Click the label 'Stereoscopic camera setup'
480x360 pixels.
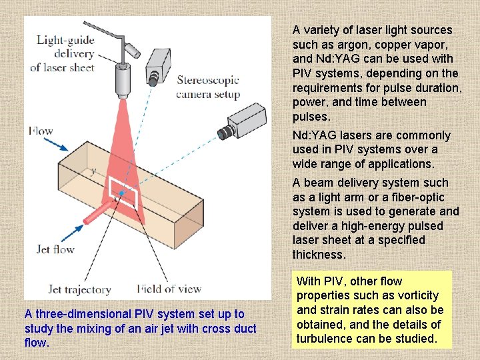point(207,87)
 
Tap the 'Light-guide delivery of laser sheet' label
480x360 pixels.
point(65,53)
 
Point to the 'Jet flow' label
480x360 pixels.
point(55,249)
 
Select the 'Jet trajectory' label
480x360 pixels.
point(79,289)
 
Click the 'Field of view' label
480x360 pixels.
point(169,289)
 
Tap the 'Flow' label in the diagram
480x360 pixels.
point(41,131)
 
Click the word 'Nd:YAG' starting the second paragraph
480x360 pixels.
point(313,135)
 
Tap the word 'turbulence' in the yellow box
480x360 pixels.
point(326,339)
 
